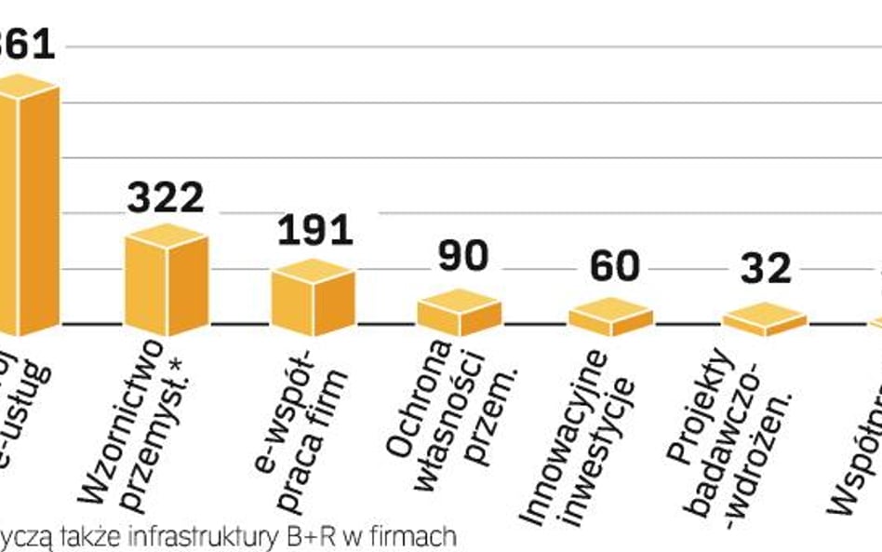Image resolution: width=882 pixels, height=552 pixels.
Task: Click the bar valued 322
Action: [167, 282]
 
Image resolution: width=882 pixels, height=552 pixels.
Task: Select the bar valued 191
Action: [313, 299]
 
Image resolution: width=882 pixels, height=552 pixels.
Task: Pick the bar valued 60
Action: [610, 317]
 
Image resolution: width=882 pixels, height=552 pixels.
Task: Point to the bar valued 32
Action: [764, 319]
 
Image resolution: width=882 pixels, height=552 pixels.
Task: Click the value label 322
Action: [166, 197]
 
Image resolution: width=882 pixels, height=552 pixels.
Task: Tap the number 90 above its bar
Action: [462, 258]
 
